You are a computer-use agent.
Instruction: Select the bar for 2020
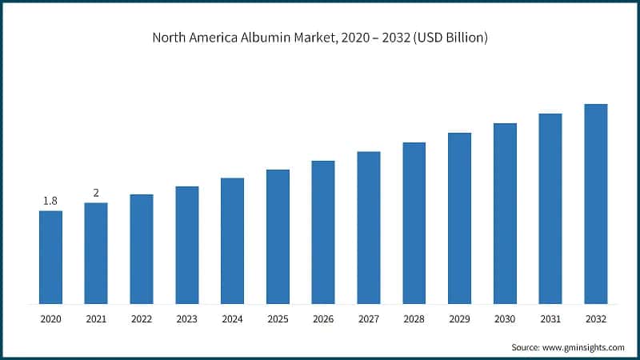coord(50,257)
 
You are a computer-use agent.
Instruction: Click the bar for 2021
coord(96,253)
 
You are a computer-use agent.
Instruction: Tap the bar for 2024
coord(232,240)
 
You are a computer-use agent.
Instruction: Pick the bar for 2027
coord(369,227)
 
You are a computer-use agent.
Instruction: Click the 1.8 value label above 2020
coord(50,201)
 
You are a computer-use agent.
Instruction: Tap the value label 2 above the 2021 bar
coord(96,193)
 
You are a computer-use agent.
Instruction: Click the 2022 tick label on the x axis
coord(142,318)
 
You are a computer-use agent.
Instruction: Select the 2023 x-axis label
coord(186,318)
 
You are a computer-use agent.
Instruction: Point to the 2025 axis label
coord(278,318)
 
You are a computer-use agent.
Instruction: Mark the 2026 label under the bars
coord(323,318)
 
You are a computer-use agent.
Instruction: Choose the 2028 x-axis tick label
coord(414,318)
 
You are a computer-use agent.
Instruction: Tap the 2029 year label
coord(459,318)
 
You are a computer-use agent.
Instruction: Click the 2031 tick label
coord(550,318)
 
